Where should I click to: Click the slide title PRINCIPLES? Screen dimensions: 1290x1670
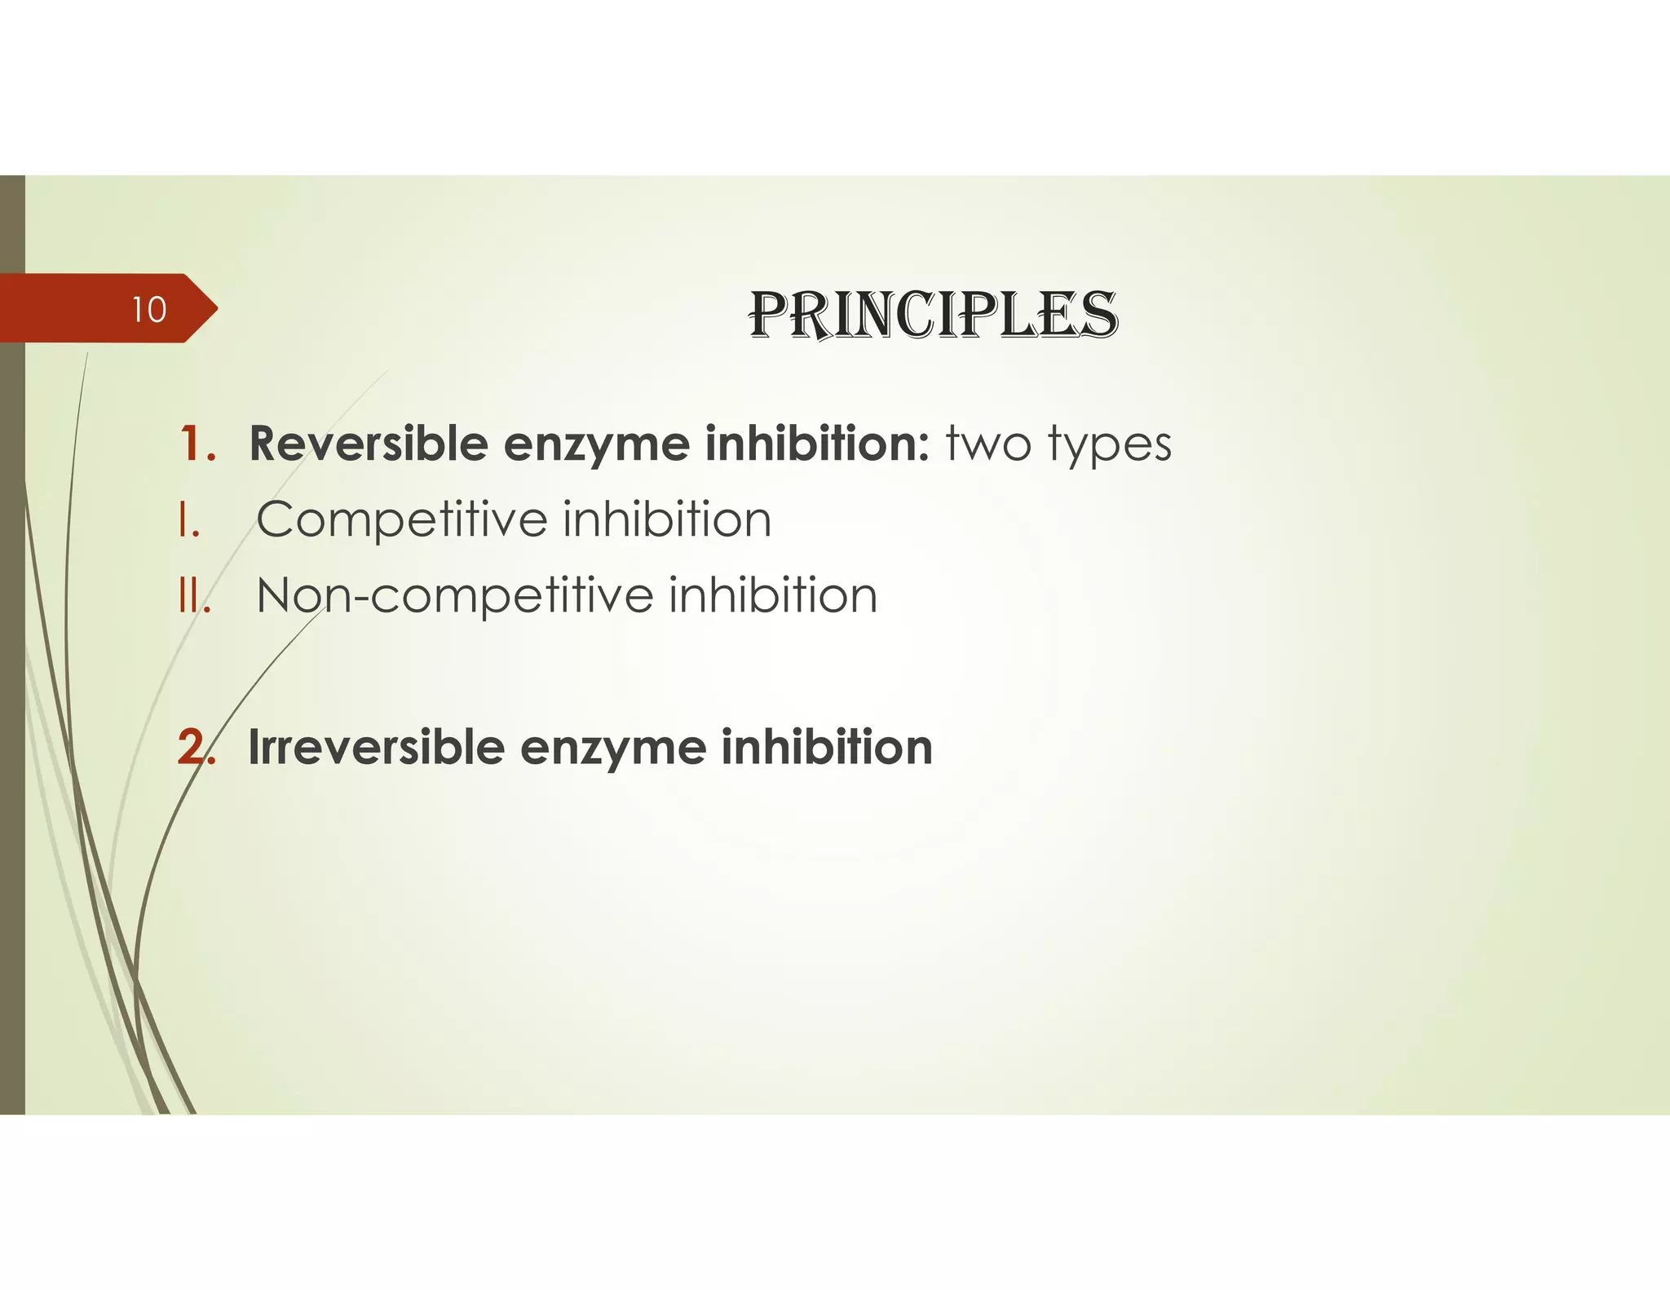933,315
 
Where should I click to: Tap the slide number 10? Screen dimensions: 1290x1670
149,310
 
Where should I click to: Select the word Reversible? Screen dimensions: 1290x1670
369,444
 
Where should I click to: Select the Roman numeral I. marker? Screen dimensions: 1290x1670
188,520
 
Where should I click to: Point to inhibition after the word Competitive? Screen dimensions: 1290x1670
666,520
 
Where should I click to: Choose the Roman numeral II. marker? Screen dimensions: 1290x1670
194,595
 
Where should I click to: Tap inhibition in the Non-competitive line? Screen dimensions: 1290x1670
772,595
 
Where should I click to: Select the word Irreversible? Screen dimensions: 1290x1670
376,748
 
